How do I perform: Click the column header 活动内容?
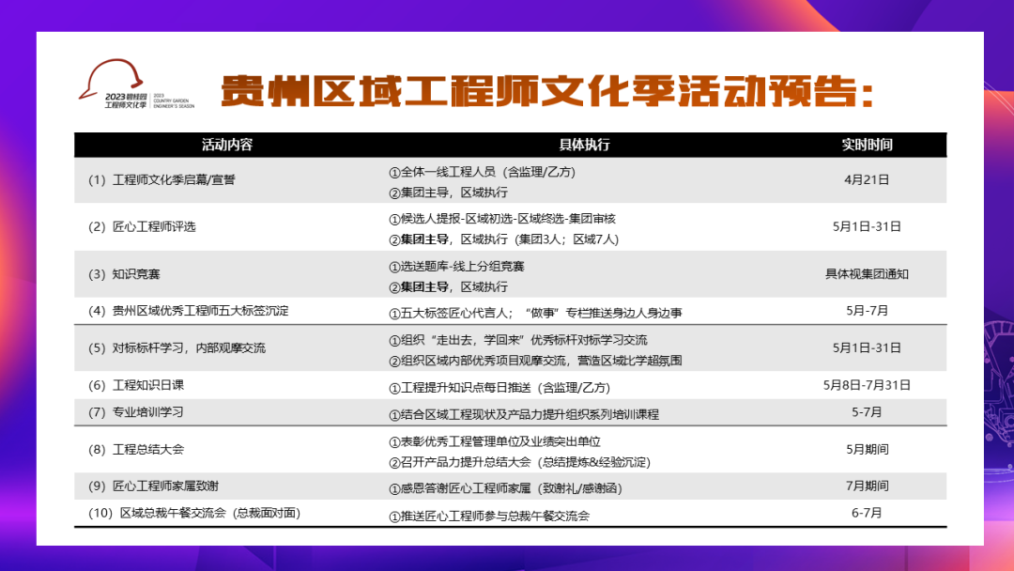(227, 145)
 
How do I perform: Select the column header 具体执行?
(585, 145)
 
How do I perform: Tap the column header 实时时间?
(867, 145)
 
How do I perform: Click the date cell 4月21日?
(867, 179)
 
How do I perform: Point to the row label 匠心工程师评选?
(155, 226)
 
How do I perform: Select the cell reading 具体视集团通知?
(867, 274)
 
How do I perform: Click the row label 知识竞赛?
(136, 274)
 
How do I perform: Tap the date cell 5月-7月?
(867, 310)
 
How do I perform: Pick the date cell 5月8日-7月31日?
(867, 384)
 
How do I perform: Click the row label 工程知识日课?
(148, 385)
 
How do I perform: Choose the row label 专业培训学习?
(148, 412)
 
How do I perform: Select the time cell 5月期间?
(867, 449)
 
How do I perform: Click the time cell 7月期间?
(867, 486)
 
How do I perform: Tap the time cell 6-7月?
(867, 513)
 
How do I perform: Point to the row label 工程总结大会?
(148, 450)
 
